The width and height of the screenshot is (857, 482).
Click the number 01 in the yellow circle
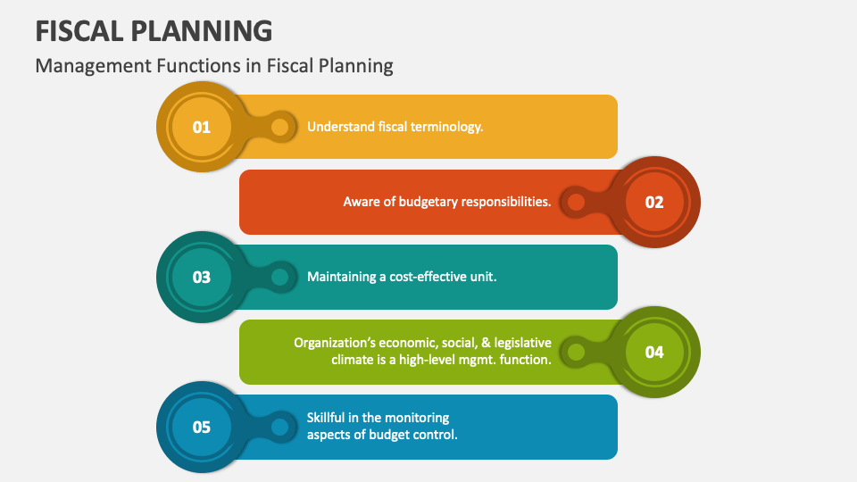(x=202, y=127)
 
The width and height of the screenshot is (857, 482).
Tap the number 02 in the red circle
(x=654, y=202)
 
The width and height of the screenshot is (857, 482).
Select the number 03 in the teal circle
(x=202, y=277)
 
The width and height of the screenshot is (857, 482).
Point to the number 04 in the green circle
(x=654, y=352)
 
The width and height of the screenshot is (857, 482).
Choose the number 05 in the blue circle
(x=202, y=427)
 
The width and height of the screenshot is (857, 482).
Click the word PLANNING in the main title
(x=205, y=30)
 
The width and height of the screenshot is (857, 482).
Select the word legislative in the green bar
(x=520, y=343)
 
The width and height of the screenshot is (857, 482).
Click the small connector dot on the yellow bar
(x=279, y=127)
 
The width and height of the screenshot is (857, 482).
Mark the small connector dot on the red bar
(x=576, y=202)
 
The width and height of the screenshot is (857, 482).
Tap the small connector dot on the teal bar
(x=279, y=277)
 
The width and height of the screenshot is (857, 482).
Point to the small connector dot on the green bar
(x=576, y=352)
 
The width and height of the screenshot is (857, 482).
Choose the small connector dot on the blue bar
(x=279, y=427)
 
